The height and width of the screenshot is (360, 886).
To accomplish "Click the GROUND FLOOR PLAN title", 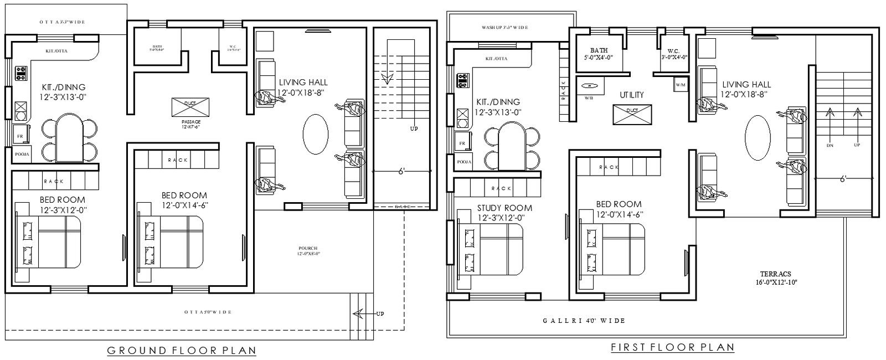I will pyautogui.click(x=182, y=350).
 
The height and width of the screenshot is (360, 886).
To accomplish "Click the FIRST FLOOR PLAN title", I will pyautogui.click(x=672, y=347).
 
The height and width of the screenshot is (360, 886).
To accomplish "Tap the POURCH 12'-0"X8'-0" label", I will pyautogui.click(x=308, y=250).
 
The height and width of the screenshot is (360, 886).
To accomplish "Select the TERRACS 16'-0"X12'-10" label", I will pyautogui.click(x=775, y=277).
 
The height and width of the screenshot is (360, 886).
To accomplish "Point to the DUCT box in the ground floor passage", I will pyautogui.click(x=190, y=107).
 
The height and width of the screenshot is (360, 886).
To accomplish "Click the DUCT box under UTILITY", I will pyautogui.click(x=632, y=114).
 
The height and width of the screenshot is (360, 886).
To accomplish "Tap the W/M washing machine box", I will pyautogui.click(x=681, y=85).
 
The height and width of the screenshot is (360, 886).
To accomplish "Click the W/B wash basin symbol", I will pyautogui.click(x=590, y=87).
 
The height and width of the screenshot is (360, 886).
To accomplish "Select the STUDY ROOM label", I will pyautogui.click(x=504, y=208).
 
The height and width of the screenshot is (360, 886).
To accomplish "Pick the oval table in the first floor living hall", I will pyautogui.click(x=758, y=137).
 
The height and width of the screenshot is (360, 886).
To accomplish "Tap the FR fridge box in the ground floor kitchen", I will pyautogui.click(x=20, y=135).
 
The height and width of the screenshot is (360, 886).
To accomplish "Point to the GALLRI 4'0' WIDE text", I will pyautogui.click(x=584, y=321).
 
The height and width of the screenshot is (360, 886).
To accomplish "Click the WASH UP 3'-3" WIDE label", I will pyautogui.click(x=504, y=27).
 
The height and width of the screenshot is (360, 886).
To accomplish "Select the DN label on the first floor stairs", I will pyautogui.click(x=829, y=145).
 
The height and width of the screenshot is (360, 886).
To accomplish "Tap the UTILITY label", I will pyautogui.click(x=631, y=95).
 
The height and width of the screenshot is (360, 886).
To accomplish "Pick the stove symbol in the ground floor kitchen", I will pyautogui.click(x=22, y=73).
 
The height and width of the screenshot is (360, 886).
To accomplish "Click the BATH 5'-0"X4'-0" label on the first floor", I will pyautogui.click(x=599, y=54).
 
